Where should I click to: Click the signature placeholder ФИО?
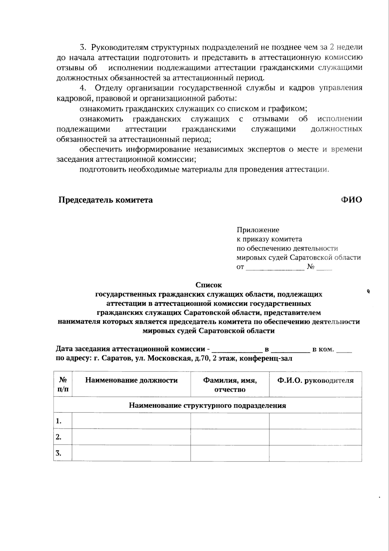(x=351, y=200)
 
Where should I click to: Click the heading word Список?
(x=209, y=285)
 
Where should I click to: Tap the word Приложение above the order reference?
(x=258, y=230)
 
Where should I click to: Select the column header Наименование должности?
(x=131, y=380)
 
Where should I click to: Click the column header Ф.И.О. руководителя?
(x=315, y=380)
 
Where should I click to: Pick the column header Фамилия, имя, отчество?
(x=230, y=385)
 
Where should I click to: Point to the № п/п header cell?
(x=63, y=385)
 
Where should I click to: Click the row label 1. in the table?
(x=59, y=421)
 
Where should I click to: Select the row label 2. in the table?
(x=59, y=437)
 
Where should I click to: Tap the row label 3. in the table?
(x=59, y=453)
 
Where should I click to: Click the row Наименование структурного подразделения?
(x=207, y=405)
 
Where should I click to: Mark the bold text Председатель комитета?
(x=105, y=200)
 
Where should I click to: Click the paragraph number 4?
(x=83, y=88)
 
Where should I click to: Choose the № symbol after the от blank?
(x=311, y=267)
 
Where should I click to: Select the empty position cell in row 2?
(x=131, y=437)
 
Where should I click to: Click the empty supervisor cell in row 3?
(x=315, y=453)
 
